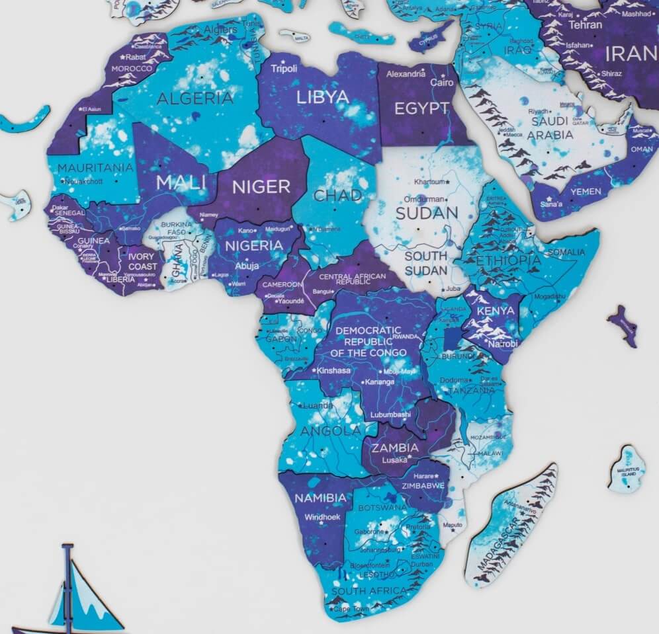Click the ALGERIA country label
tap(195, 99)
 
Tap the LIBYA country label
tap(322, 97)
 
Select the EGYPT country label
tap(421, 108)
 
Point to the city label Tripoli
tap(285, 69)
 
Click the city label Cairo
tap(442, 83)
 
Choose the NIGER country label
tap(261, 186)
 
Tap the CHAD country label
tap(337, 196)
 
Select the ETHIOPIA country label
tap(507, 260)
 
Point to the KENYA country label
tap(495, 311)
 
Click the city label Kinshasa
tap(334, 370)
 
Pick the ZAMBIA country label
tap(394, 448)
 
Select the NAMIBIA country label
tap(320, 497)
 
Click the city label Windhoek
tap(322, 517)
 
